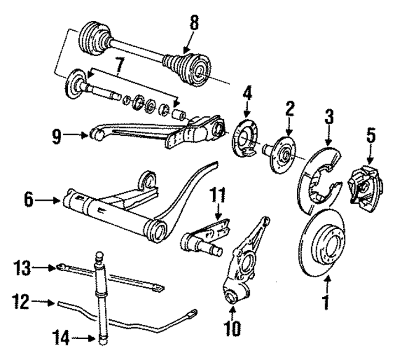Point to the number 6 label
click(28, 200)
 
